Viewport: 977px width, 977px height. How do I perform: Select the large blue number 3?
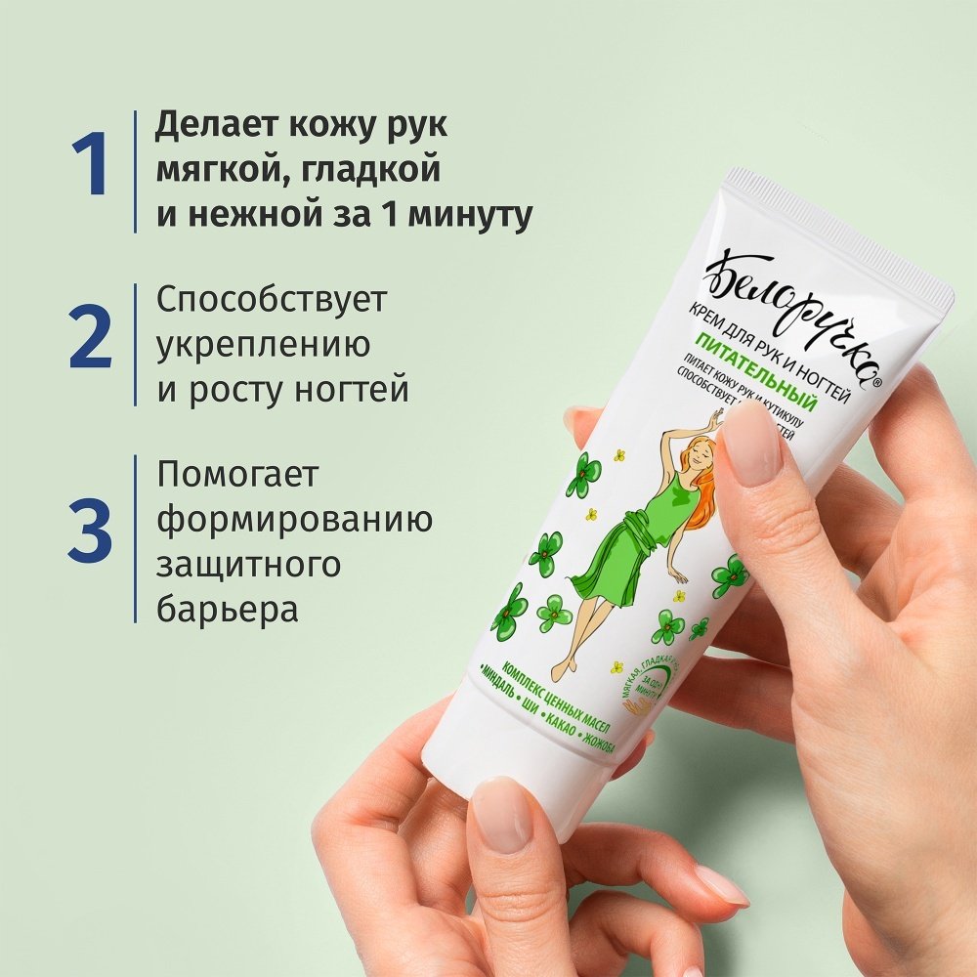(x=89, y=531)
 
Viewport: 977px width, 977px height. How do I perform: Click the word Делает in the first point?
(x=209, y=129)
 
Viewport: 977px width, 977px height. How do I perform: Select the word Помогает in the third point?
(x=238, y=476)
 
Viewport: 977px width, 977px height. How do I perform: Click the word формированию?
(x=294, y=520)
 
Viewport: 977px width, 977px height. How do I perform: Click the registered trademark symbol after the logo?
(x=877, y=385)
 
